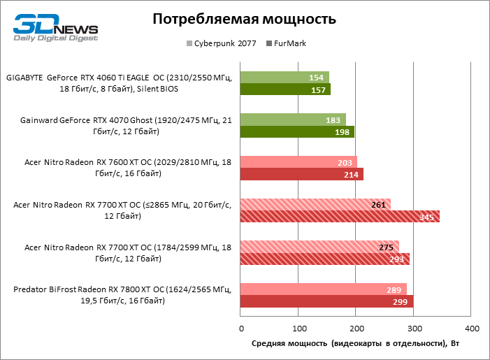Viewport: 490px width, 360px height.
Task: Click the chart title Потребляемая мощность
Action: (x=245, y=19)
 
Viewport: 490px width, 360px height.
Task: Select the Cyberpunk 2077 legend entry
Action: (x=220, y=43)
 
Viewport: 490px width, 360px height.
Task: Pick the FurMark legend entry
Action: (x=287, y=43)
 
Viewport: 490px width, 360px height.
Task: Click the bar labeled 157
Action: (x=285, y=89)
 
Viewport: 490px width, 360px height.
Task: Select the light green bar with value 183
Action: (x=293, y=120)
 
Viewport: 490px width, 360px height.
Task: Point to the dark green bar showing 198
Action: (x=297, y=132)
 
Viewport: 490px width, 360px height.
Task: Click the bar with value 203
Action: (x=298, y=162)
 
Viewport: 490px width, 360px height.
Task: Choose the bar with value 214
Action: (x=302, y=174)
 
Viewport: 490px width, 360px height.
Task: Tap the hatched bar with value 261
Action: (x=315, y=204)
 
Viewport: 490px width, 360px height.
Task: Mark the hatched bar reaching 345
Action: (x=340, y=217)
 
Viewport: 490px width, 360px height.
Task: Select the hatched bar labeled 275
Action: (x=319, y=247)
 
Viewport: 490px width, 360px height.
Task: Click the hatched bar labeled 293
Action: (x=324, y=259)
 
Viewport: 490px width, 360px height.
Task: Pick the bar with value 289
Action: (x=324, y=289)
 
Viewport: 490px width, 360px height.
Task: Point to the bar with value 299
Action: (x=326, y=301)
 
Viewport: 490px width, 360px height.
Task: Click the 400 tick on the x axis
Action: (x=472, y=329)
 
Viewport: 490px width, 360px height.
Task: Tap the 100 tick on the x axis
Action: (x=298, y=329)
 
